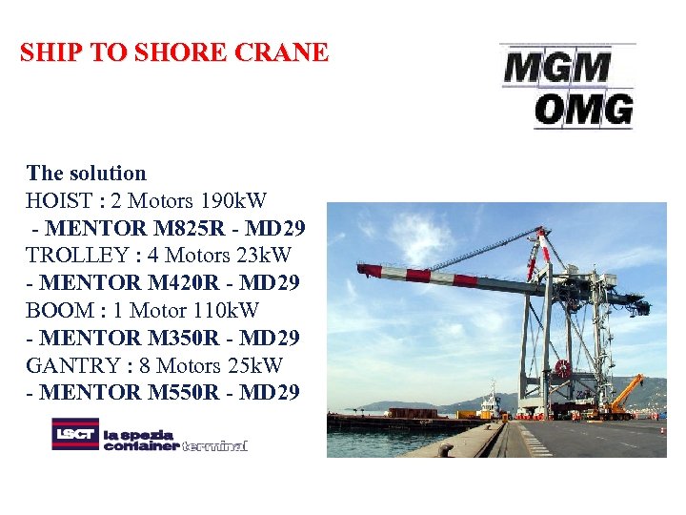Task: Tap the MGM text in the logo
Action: tap(556, 67)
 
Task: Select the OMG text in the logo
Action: tap(583, 110)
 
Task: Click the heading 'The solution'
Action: tap(87, 173)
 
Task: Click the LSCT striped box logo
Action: tap(75, 434)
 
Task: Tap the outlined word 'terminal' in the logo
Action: tap(214, 445)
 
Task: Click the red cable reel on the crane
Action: tap(564, 368)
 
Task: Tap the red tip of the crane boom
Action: tap(367, 270)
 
